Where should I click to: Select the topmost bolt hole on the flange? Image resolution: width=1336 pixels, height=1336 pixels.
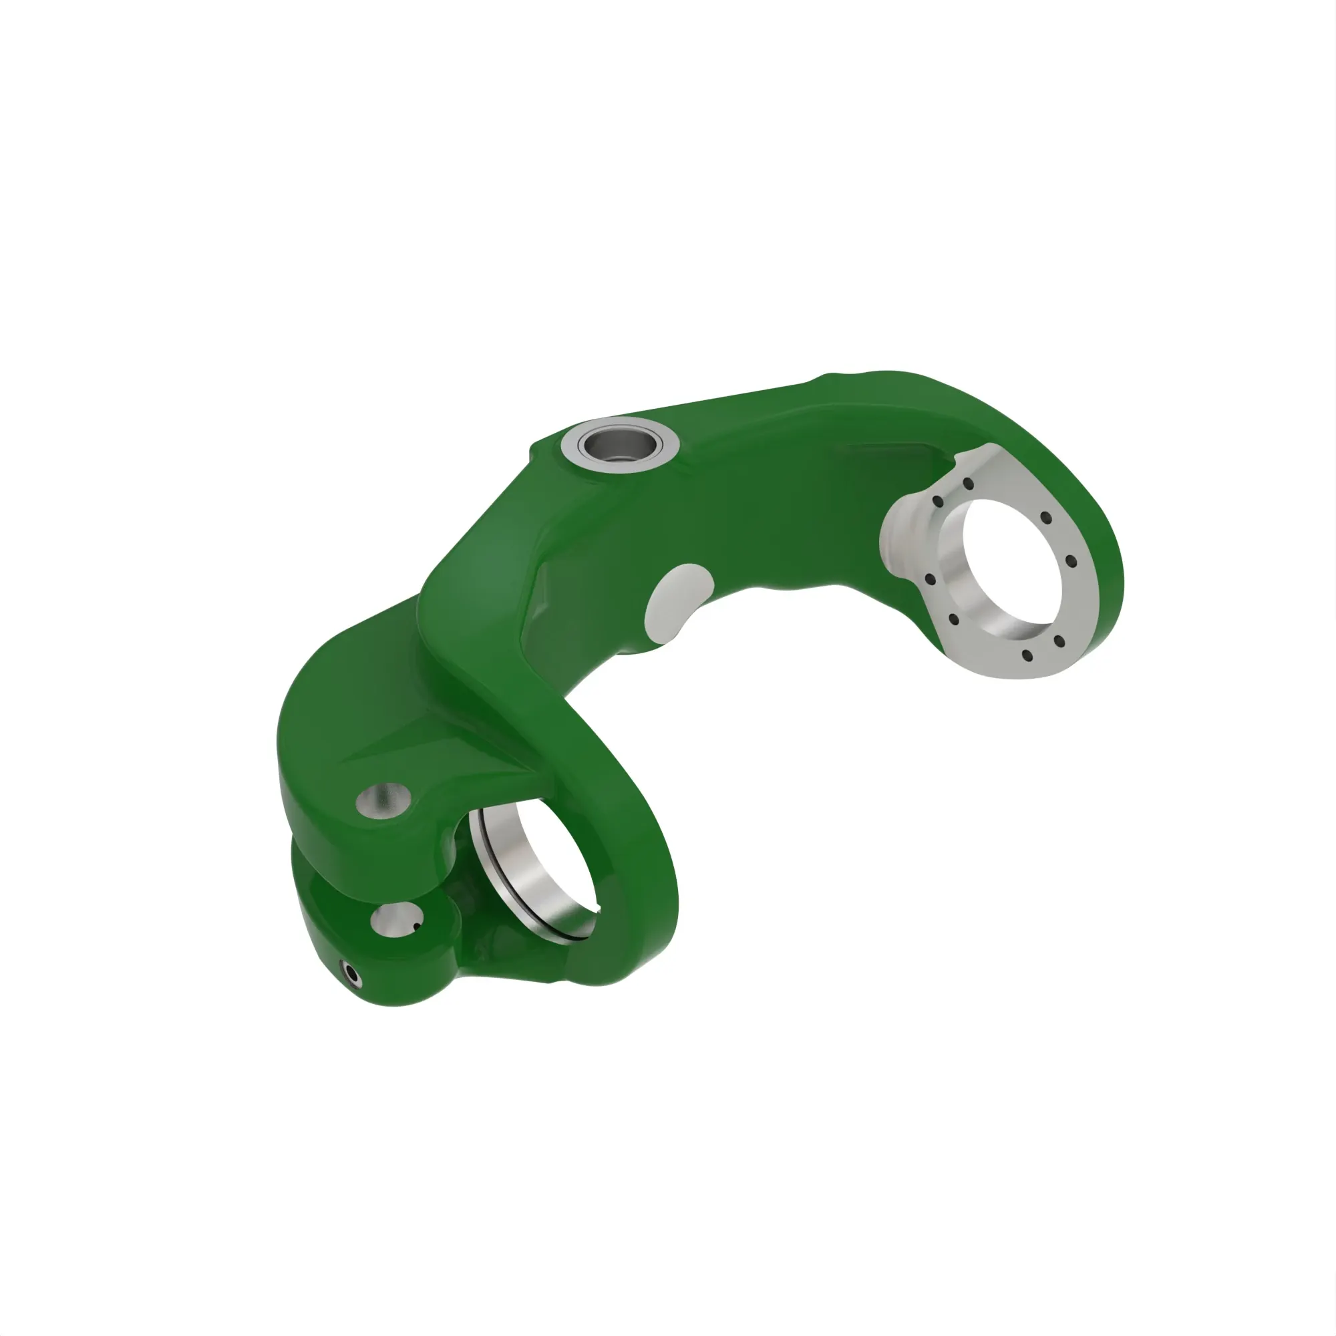click(x=968, y=484)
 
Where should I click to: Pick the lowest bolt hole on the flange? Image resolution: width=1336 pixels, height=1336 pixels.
click(x=1027, y=655)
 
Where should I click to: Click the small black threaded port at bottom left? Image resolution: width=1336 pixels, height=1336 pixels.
click(x=352, y=975)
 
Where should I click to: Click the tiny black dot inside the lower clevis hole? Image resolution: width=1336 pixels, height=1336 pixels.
click(x=416, y=927)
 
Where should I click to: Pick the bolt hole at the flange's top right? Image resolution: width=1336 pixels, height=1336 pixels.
click(x=1046, y=518)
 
